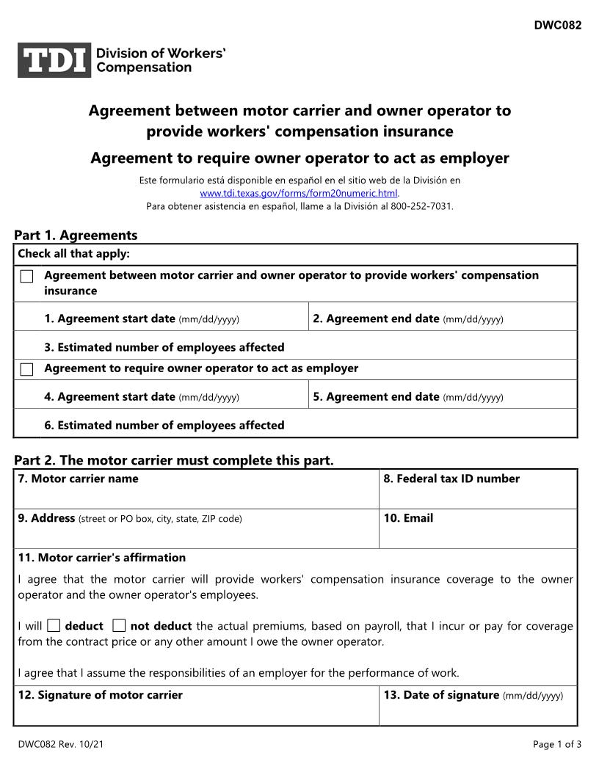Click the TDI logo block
click(54, 60)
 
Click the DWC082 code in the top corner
click(557, 25)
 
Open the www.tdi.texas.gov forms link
click(299, 193)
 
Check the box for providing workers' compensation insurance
click(27, 277)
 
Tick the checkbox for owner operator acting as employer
click(27, 369)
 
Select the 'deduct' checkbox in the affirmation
click(54, 626)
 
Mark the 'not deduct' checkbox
click(119, 626)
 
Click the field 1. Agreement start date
click(175, 319)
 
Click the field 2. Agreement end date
click(442, 319)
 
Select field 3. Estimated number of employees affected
click(308, 347)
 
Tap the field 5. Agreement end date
click(442, 397)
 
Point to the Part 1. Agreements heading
click(76, 236)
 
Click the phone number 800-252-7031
click(421, 206)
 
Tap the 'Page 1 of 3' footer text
click(557, 744)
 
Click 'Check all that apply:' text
click(73, 254)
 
